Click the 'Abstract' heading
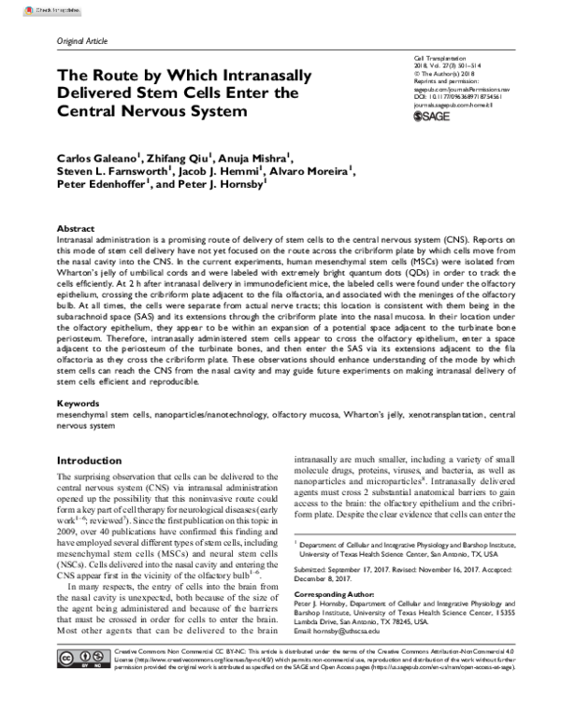pos(76,228)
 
